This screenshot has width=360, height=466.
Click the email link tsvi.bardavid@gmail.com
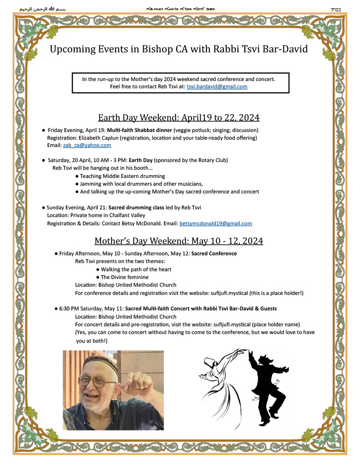click(217, 86)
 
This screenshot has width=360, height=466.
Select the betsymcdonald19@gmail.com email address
click(215, 223)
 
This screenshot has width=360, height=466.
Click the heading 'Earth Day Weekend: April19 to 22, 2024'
click(179, 118)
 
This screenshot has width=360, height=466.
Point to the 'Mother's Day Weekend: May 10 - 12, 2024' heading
click(179, 241)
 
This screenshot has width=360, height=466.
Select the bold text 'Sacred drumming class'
click(136, 208)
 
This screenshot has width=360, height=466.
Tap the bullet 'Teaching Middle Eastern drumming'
click(122, 176)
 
